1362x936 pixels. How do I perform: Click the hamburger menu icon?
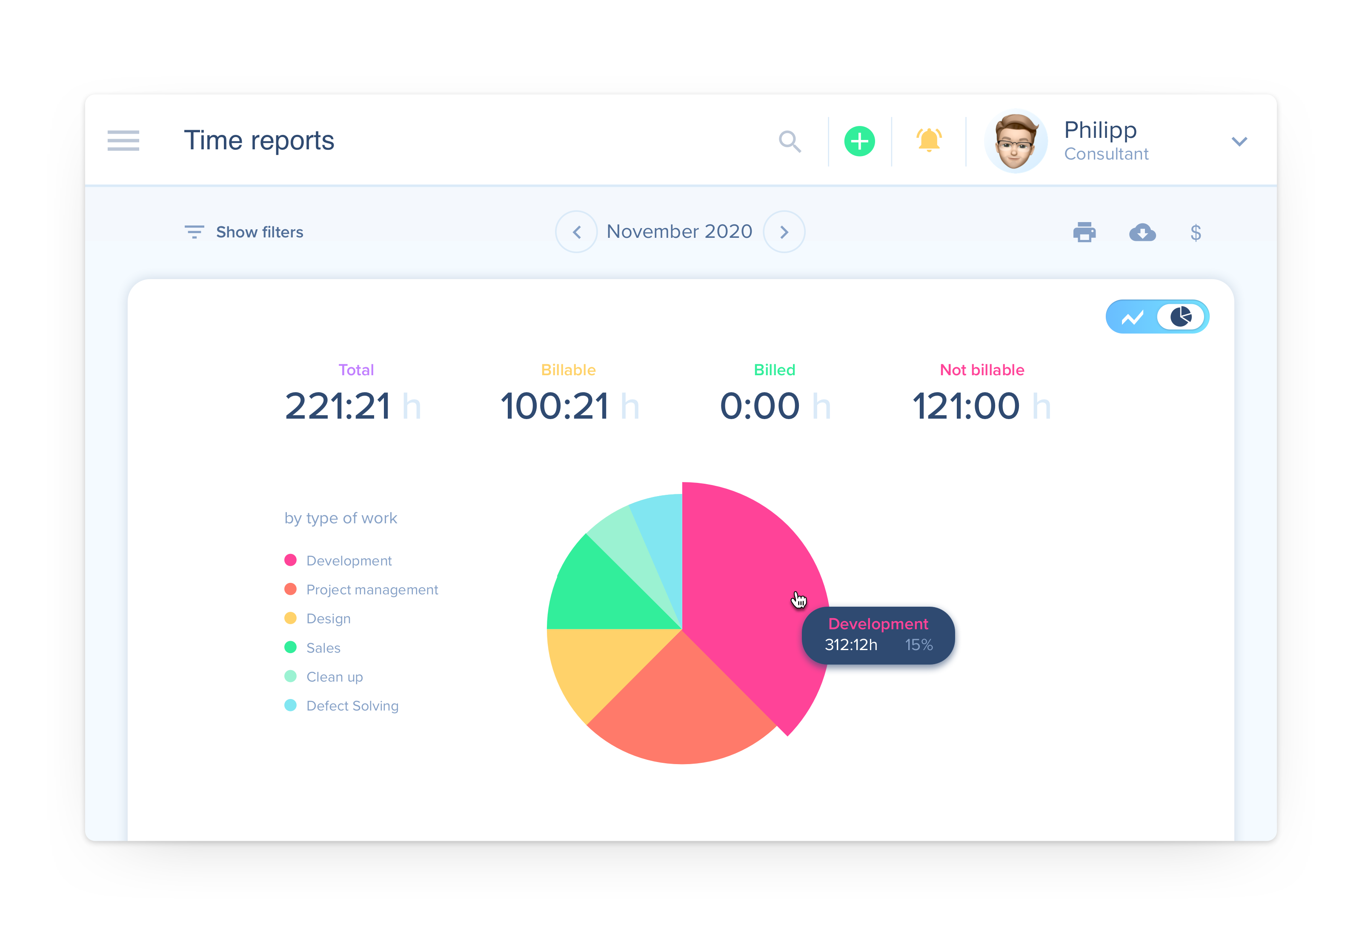coord(123,141)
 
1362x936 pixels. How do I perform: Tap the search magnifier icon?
coord(790,141)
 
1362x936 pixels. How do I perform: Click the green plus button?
coord(859,141)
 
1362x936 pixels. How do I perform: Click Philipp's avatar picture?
coord(1016,141)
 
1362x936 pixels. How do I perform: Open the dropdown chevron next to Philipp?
coord(1239,141)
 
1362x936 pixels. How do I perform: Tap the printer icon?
coord(1084,232)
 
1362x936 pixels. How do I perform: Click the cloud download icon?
coord(1142,232)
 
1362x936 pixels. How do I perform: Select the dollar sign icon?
coord(1196,233)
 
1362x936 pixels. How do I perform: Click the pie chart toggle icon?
coord(1181,317)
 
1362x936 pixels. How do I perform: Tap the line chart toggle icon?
coord(1132,317)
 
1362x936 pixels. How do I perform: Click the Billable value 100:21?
coord(554,406)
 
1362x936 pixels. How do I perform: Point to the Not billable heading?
coord(982,370)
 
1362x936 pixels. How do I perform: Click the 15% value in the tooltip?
coord(918,645)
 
